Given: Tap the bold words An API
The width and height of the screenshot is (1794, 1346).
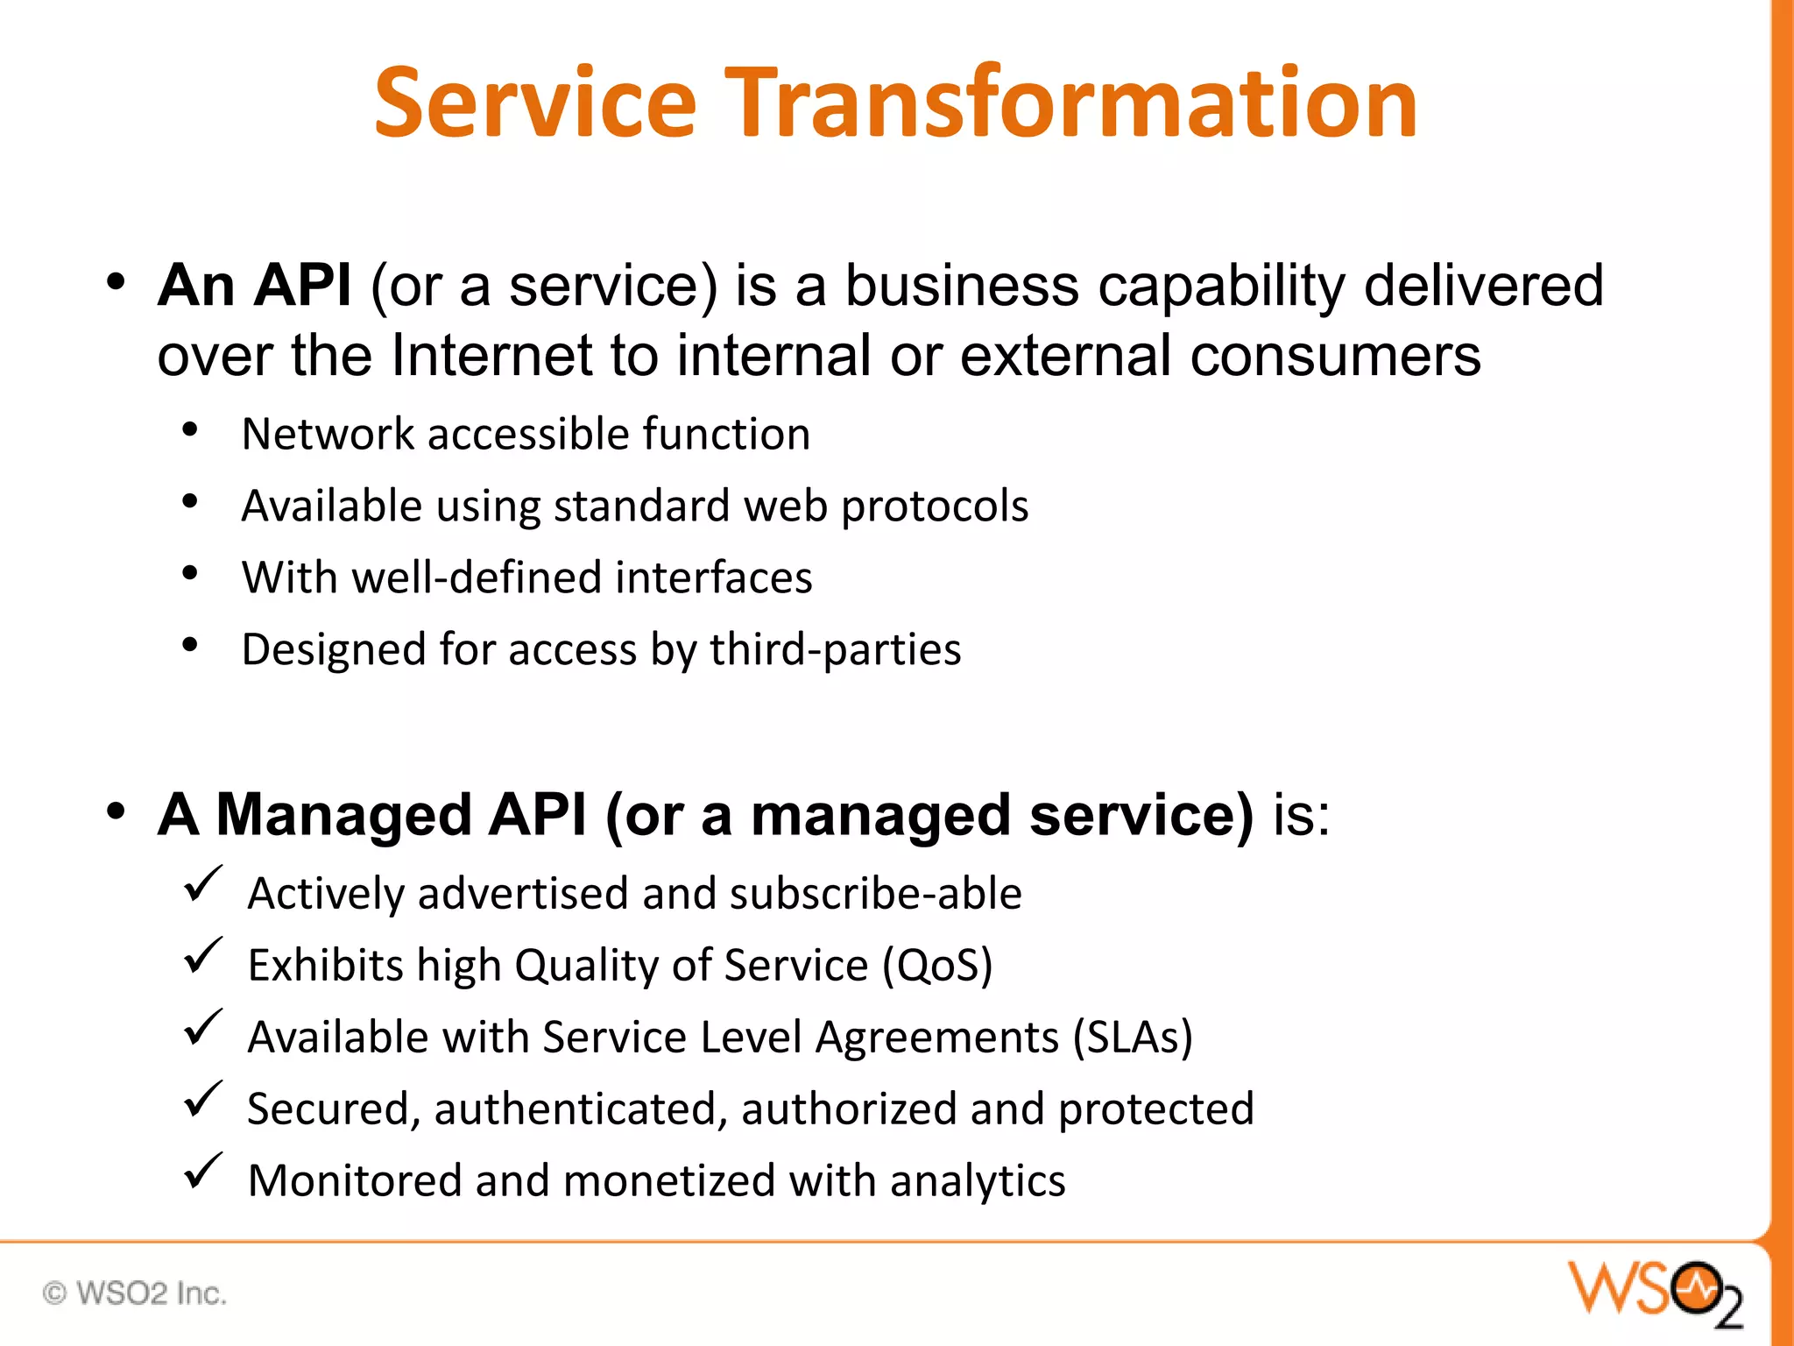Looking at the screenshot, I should coord(255,286).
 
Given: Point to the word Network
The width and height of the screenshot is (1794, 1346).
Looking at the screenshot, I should coord(328,434).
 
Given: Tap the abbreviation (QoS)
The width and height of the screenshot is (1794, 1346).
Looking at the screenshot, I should coord(937,966).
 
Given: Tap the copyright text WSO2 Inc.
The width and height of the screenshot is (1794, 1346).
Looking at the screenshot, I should coord(135,1293).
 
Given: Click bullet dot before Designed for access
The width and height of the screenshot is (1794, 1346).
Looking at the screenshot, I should coord(190,645).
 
